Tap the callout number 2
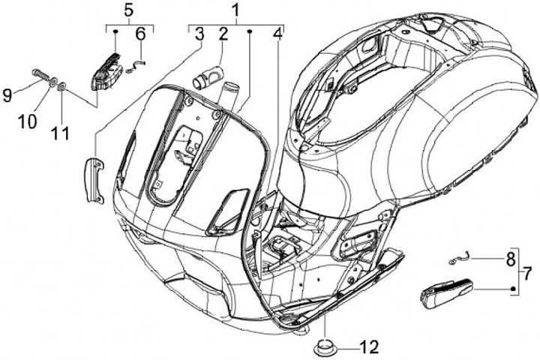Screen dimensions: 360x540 tap(223, 33)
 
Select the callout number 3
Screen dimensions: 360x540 tap(199, 33)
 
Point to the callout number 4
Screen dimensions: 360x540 tap(278, 33)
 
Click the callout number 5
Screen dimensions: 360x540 tap(128, 10)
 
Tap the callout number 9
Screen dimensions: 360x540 tap(7, 95)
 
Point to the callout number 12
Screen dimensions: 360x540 tap(368, 346)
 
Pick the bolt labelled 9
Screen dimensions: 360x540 tap(40, 75)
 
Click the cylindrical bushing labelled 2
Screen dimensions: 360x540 tap(208, 75)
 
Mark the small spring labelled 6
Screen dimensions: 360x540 tap(133, 67)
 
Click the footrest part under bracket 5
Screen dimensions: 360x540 tap(106, 70)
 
